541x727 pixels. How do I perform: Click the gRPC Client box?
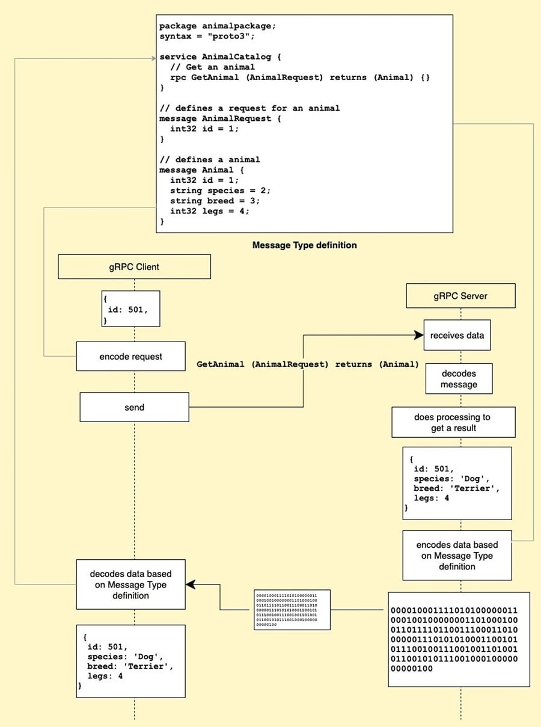tap(134, 266)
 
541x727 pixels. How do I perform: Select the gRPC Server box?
tap(460, 296)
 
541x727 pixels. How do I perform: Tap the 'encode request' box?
tap(130, 356)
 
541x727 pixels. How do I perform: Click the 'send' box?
tap(134, 407)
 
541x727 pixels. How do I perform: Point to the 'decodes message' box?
tap(459, 378)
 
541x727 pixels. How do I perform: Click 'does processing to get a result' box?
tap(453, 422)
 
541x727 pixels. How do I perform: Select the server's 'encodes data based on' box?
tap(457, 556)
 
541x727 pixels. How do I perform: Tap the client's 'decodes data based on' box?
tap(130, 584)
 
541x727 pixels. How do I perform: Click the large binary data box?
tap(459, 639)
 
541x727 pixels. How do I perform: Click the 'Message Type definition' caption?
tap(304, 245)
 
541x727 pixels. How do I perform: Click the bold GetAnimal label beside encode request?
tap(307, 364)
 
